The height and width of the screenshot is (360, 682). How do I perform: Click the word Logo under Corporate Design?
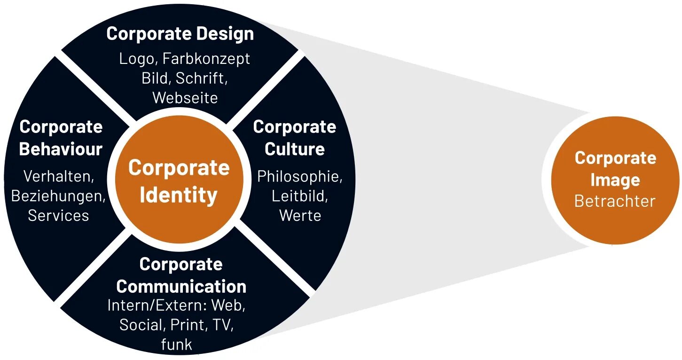136,59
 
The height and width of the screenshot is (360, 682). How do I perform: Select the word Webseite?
185,98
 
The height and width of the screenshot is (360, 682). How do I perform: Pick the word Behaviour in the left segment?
61,149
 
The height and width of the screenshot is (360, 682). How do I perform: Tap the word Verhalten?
59,177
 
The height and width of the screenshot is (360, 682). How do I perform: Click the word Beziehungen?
58,196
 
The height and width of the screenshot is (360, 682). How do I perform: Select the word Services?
58,215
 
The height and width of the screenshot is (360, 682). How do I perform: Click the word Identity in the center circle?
179,195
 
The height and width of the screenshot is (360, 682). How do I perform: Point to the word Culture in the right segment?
295,149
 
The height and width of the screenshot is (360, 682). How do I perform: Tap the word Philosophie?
300,177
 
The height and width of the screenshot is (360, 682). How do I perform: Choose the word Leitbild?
300,196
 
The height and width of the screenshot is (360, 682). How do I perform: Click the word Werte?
300,215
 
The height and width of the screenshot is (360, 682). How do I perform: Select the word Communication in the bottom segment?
181,286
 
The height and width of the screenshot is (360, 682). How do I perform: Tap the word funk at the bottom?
177,344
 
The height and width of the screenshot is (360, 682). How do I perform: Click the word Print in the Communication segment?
187,325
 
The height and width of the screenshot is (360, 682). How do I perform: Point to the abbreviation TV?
222,325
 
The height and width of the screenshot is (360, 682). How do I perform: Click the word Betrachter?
615,201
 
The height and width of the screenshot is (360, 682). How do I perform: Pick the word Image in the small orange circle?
615,180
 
